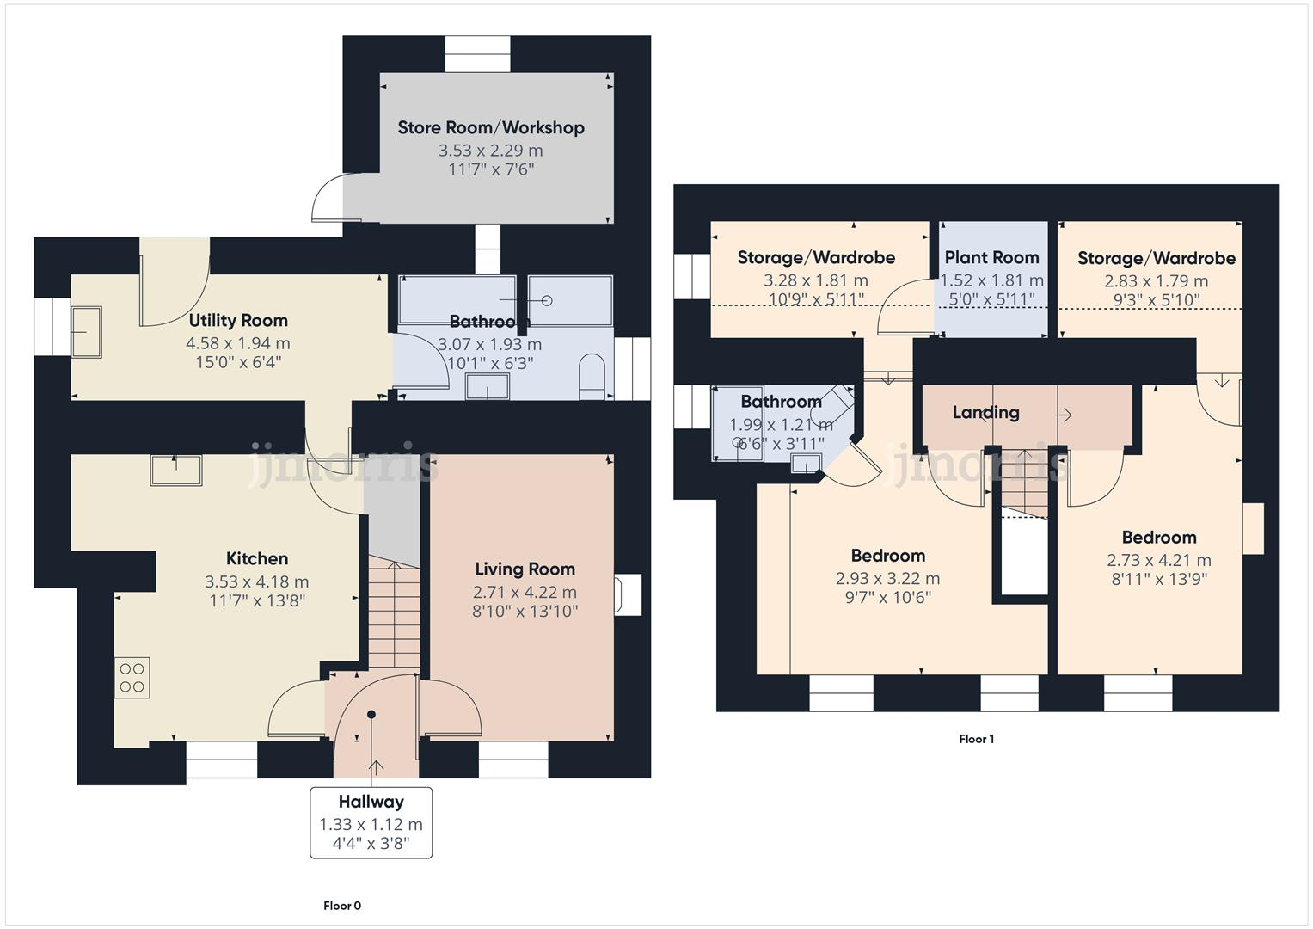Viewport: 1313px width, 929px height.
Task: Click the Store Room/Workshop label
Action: [490, 128]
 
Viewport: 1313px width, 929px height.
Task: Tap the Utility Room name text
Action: [238, 321]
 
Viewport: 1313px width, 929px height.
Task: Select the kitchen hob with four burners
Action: [132, 677]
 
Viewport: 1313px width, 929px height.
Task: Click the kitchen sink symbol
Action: [176, 470]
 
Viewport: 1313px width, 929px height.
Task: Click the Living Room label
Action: [525, 569]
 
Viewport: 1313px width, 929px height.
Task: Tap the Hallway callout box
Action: [371, 823]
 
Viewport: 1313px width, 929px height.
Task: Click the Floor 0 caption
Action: [342, 906]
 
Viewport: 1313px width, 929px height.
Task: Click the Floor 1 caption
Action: [976, 739]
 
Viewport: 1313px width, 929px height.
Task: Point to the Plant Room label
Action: [991, 257]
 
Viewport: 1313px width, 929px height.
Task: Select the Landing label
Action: [985, 413]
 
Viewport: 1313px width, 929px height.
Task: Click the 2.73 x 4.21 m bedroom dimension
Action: [1158, 561]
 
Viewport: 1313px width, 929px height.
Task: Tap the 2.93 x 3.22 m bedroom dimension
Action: [887, 579]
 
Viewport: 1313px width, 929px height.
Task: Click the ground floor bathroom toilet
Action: [592, 378]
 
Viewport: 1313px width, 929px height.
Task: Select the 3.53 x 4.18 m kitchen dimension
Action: [256, 582]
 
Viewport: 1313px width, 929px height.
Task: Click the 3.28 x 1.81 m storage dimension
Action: [815, 280]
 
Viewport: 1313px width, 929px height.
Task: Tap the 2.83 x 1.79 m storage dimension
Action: [1156, 281]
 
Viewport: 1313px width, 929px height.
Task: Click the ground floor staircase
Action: [394, 614]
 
